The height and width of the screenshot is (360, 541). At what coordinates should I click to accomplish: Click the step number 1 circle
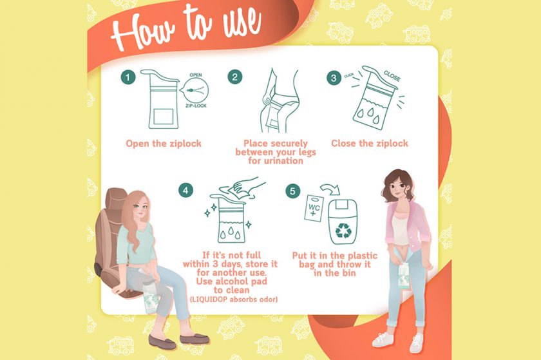[128, 77]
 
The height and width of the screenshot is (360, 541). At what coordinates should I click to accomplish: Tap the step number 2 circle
[235, 77]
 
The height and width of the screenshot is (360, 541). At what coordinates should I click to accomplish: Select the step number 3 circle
[334, 78]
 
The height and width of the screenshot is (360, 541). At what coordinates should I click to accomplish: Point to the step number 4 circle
[185, 191]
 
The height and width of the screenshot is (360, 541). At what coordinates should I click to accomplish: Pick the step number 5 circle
[292, 191]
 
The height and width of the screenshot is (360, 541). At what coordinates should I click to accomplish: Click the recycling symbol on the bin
[343, 231]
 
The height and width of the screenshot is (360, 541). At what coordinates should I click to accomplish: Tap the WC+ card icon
[314, 208]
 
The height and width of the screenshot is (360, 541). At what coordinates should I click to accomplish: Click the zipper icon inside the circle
[195, 90]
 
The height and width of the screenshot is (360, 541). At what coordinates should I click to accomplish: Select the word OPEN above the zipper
[196, 75]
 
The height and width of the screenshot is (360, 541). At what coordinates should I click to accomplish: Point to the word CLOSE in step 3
[392, 76]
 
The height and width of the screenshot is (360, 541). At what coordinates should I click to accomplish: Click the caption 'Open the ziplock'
[164, 144]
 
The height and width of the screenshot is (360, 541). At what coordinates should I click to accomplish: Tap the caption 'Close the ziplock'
[370, 143]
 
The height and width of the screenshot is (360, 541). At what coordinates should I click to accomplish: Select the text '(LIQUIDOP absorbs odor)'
[234, 299]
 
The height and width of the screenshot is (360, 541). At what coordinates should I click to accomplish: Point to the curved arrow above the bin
[330, 189]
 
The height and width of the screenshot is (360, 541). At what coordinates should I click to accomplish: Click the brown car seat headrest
[115, 199]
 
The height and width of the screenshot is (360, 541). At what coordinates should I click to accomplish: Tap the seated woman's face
[141, 209]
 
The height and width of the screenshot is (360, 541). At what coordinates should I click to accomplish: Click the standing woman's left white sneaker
[383, 339]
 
